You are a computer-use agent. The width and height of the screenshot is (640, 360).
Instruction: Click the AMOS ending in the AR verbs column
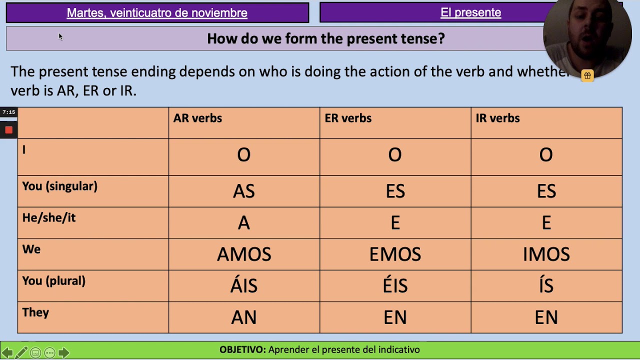244,254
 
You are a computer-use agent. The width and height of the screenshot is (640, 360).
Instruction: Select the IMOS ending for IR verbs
546,254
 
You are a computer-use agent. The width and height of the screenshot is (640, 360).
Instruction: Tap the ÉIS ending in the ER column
395,285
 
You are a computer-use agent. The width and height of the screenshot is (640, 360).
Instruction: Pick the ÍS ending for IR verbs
546,285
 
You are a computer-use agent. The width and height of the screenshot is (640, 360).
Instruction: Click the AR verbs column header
197,118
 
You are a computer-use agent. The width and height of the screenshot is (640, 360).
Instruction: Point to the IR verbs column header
497,118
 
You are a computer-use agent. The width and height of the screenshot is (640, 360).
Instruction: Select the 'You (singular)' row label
59,186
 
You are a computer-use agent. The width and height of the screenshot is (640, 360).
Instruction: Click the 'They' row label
35,312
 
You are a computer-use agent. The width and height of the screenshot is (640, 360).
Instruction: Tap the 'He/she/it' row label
49,218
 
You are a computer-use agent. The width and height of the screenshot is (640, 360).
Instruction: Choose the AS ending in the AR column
244,191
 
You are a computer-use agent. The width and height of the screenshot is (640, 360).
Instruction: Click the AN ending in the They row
244,317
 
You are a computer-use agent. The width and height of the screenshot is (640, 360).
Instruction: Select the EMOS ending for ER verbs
395,254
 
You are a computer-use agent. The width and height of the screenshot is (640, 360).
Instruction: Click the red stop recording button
8,130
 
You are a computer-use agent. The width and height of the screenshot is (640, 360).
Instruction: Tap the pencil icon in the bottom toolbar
21,353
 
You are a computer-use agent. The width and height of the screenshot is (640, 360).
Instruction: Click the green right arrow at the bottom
63,353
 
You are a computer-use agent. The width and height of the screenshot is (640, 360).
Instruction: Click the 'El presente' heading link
470,13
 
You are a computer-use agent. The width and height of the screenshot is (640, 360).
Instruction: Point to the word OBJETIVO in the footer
242,350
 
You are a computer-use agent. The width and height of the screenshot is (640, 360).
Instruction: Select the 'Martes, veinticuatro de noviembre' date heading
157,13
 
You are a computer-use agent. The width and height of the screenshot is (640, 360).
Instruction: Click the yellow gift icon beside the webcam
587,75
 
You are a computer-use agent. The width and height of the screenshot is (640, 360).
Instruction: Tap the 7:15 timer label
8,112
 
